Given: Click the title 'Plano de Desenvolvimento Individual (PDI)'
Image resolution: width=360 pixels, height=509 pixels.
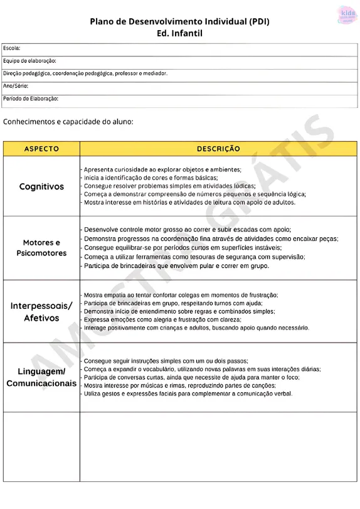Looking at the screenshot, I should pos(180,21).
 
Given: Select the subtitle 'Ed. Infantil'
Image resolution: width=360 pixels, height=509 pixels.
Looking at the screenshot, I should pos(180,33).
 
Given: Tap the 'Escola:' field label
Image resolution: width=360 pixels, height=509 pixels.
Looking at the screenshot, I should pos(12,48).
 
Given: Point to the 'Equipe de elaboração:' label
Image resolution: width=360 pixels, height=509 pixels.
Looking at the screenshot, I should pos(29,61).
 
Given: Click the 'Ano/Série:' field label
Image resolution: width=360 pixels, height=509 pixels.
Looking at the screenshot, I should pos(16,86).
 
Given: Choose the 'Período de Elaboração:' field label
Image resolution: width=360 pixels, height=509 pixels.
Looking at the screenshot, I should pos(31,99).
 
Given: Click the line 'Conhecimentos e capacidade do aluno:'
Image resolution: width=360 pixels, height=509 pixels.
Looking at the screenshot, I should pos(68,121).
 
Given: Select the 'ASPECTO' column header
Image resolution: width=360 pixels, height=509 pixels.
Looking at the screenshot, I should pos(41,149).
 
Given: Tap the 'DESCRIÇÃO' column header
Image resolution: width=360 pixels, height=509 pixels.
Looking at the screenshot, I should pos(218,149).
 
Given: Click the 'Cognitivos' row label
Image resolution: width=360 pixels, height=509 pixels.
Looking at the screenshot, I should pos(41,186).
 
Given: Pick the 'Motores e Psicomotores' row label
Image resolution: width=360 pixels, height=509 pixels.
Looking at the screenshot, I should pos(41,248).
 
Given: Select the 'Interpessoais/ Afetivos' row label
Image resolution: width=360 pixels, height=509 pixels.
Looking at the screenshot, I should pos(41,311).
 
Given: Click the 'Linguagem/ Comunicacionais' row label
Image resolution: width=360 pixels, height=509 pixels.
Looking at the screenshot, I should pos(41,377).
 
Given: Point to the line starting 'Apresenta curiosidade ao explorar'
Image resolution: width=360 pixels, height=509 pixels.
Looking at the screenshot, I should pos(162,169).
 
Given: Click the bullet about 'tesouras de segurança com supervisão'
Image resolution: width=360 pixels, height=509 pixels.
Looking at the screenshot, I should pos(194,257).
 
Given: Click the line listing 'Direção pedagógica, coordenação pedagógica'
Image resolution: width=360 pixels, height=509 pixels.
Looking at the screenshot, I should pos(85,73).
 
